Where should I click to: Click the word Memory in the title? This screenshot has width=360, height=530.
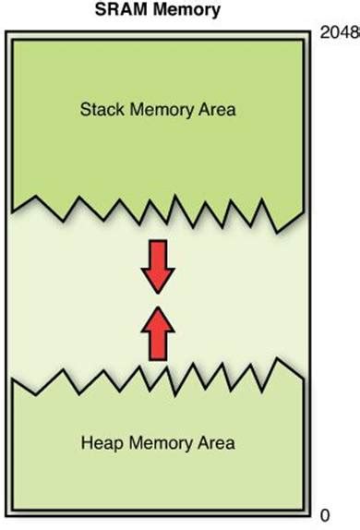pyautogui.click(x=192, y=11)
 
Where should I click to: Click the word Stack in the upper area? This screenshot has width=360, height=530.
pyautogui.click(x=99, y=110)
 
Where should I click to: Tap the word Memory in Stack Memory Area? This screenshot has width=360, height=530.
pyautogui.click(x=158, y=110)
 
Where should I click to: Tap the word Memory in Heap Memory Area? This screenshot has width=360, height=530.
pyautogui.click(x=158, y=443)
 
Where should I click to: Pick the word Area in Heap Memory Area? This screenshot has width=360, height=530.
pyautogui.click(x=217, y=443)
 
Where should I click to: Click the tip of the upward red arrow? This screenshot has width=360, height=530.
pyautogui.click(x=156, y=307)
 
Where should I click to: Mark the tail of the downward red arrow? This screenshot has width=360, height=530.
pyautogui.click(x=156, y=244)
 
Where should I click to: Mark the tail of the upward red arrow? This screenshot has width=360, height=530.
pyautogui.click(x=156, y=355)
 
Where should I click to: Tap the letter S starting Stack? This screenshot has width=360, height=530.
pyautogui.click(x=83, y=110)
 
